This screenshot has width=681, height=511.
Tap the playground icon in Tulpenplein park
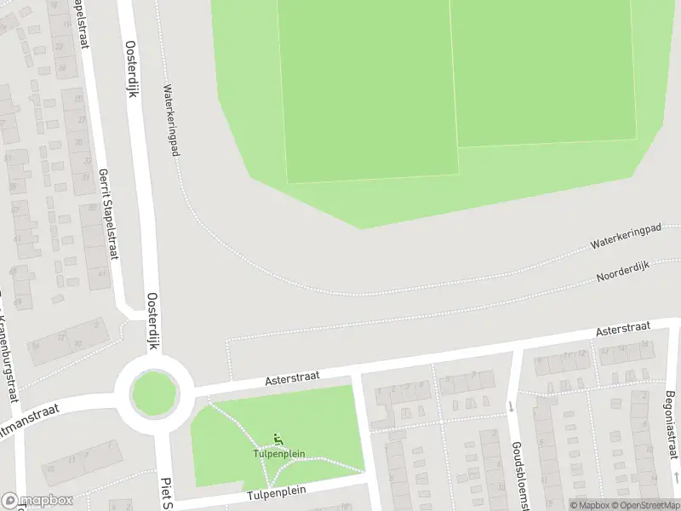pyautogui.click(x=278, y=439)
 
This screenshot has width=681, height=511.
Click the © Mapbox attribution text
pyautogui.click(x=590, y=505)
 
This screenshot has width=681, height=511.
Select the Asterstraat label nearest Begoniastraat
pyautogui.click(x=623, y=328)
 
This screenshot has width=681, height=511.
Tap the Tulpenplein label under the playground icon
pyautogui.click(x=279, y=454)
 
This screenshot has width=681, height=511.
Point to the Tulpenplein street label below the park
pyautogui.click(x=276, y=492)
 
